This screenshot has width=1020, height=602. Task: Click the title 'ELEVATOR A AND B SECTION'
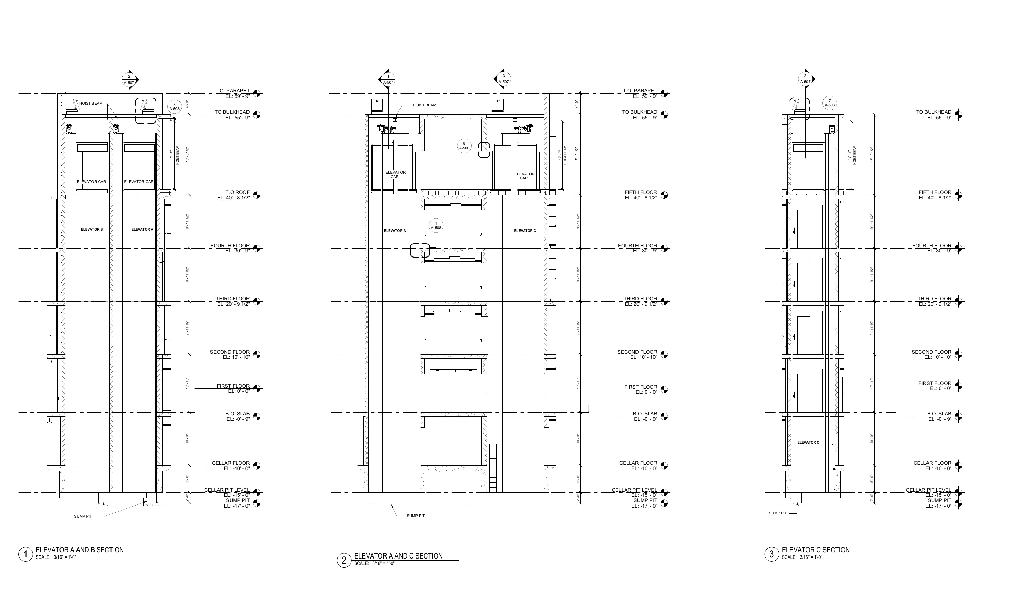80,550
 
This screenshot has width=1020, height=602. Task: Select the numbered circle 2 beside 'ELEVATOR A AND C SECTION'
344,561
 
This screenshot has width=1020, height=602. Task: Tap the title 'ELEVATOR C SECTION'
815,550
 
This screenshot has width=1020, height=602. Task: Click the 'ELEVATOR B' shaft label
92,230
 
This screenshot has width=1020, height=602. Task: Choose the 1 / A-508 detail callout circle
436,226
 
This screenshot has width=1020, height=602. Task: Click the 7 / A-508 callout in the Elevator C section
830,103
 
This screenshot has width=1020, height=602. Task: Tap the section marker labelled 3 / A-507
503,79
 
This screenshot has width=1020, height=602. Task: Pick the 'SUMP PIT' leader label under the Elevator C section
778,513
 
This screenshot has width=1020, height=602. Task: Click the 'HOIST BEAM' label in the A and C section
425,105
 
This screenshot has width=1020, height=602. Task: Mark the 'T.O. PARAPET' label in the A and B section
233,91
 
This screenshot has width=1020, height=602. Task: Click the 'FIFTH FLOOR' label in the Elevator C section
935,192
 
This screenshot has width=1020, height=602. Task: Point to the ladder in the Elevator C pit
493,468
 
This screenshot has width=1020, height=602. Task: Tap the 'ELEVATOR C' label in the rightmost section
808,443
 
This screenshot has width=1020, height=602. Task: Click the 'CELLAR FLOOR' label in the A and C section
638,463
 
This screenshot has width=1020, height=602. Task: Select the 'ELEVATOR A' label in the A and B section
142,230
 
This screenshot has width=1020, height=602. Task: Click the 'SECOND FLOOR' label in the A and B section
230,352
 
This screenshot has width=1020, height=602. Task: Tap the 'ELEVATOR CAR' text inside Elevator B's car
92,182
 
